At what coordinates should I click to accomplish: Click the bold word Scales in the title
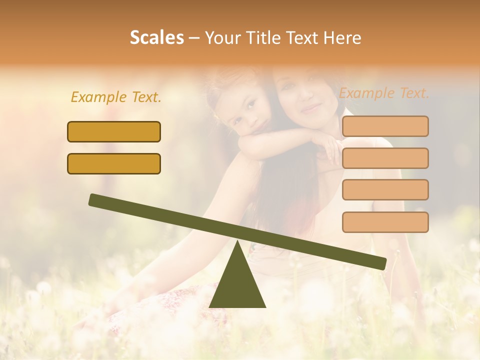click(157, 37)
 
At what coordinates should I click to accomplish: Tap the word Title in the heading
click(260, 37)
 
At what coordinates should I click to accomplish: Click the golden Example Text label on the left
click(116, 97)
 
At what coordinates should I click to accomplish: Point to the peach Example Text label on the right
click(384, 93)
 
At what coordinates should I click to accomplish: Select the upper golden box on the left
click(114, 131)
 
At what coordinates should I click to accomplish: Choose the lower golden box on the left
click(114, 163)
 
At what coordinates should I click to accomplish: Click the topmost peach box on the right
click(385, 126)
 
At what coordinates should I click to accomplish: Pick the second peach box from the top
click(385, 158)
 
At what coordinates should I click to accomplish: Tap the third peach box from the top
click(385, 190)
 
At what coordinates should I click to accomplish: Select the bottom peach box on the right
click(385, 222)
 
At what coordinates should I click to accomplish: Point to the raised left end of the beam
click(94, 199)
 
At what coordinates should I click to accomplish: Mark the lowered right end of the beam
click(381, 263)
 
